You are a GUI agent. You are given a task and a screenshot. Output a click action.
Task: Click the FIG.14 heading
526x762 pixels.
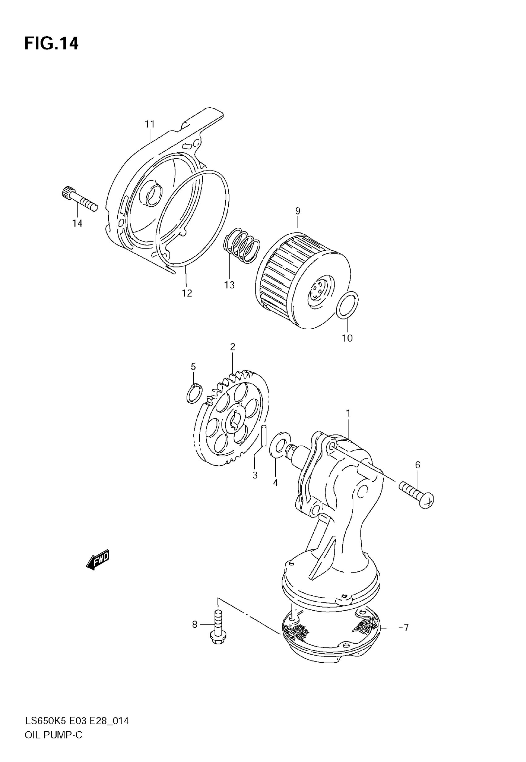coord(51,44)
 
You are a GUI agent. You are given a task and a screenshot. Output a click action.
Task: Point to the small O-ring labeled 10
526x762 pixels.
coord(347,305)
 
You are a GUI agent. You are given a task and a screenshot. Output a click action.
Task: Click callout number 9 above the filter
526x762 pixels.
coord(298,211)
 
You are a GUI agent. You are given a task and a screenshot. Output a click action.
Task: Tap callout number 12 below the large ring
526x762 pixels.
coord(187,293)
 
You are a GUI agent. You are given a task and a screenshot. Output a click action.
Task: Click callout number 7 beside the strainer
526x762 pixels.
coord(406,628)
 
